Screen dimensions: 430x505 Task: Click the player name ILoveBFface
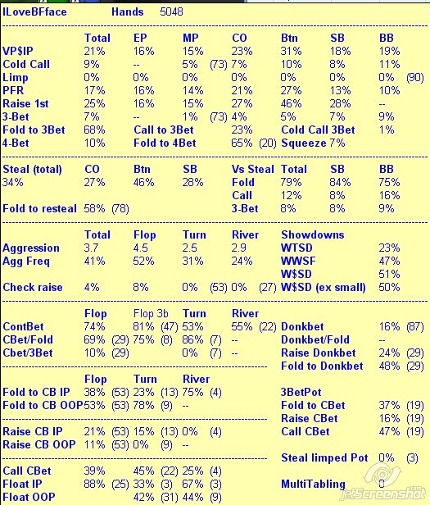[34, 12]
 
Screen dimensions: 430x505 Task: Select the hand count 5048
[171, 12]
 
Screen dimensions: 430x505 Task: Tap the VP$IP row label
[18, 51]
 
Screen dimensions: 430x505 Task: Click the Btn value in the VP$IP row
[291, 51]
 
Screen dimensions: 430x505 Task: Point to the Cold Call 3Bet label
[318, 130]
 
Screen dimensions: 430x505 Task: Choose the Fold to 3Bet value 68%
[94, 130]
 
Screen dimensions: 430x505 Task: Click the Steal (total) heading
[32, 170]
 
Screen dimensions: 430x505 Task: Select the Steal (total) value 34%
[13, 182]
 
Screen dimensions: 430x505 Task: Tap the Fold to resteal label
[39, 209]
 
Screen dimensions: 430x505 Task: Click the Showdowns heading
[313, 234]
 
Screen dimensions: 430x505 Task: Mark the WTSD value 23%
[389, 248]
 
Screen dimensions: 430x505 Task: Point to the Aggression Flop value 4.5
[140, 248]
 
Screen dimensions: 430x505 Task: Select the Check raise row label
[33, 287]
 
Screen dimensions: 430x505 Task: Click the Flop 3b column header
[151, 314]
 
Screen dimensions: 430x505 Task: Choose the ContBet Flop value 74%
[94, 326]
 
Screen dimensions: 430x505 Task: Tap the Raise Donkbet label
[319, 353]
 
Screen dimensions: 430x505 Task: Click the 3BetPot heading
[301, 392]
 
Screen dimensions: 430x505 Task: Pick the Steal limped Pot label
[324, 458]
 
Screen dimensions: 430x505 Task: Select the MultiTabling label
[313, 484]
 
